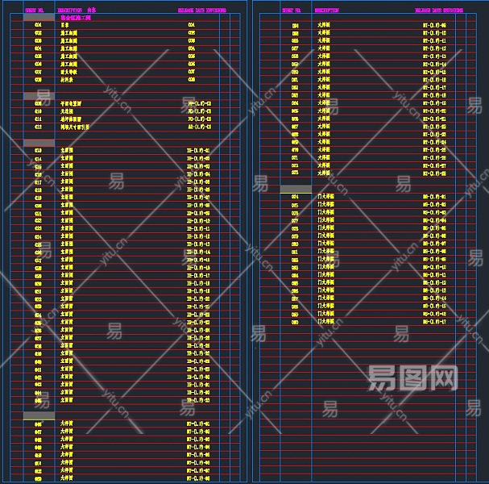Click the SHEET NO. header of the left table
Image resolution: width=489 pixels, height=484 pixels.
(35, 10)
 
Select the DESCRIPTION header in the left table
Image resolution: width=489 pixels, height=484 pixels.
(70, 10)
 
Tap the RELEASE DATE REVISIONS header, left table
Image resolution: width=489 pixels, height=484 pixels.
(201, 10)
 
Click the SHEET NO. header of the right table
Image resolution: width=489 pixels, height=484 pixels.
(292, 10)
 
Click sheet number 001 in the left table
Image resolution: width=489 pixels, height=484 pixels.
(38, 25)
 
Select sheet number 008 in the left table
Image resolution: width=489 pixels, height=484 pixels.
(38, 80)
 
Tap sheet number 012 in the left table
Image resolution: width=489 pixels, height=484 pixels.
(38, 127)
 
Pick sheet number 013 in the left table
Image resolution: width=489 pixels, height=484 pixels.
(38, 151)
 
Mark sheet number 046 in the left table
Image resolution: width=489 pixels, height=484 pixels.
(38, 423)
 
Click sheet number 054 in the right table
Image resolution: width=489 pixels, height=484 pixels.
(295, 26)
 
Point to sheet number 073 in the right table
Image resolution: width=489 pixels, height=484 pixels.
(295, 173)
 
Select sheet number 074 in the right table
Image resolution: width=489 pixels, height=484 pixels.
(295, 197)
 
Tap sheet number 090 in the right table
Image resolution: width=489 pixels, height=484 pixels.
(295, 322)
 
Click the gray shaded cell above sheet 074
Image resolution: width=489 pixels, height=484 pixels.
(296, 189)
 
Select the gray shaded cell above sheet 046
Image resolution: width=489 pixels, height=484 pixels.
(38, 415)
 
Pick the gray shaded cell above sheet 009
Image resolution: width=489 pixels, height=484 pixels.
(38, 96)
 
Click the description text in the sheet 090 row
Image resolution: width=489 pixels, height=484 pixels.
(325, 322)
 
